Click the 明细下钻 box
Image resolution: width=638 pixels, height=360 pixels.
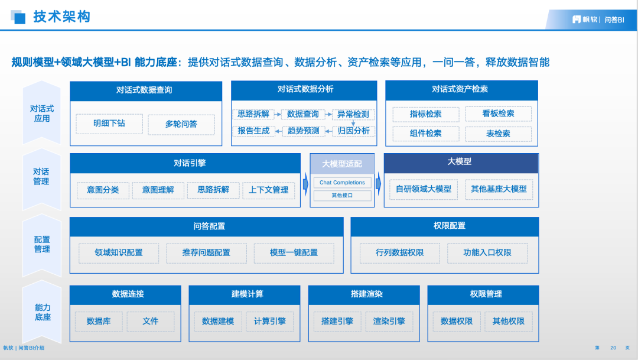coord(109,124)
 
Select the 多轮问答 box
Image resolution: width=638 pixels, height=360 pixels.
coord(181,124)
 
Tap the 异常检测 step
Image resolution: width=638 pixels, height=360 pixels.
coord(353,115)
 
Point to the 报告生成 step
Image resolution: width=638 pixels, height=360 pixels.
coord(253,131)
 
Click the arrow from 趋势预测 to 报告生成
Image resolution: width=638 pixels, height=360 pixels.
coord(279,131)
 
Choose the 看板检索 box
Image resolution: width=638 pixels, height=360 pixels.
coord(498,113)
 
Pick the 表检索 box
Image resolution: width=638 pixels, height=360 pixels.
coord(498,134)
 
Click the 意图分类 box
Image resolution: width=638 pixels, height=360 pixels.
coord(103,190)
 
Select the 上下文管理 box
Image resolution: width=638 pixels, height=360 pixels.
coord(269,190)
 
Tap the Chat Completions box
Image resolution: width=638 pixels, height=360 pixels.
coord(342,183)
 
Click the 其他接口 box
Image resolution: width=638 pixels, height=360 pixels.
coord(342,196)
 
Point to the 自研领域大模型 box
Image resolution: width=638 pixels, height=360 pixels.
coord(423,189)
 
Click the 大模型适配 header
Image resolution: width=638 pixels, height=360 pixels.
coord(342,164)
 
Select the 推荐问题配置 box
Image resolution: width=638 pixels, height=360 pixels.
coord(206,253)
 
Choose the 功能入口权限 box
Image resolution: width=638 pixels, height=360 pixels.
coord(487,253)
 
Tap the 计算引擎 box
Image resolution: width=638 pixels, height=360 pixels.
coord(270,322)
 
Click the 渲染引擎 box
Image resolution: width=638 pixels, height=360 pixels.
coord(389,322)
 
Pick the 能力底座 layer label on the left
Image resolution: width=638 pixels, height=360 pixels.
coord(43,312)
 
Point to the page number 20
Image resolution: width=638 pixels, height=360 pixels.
coord(613,348)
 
